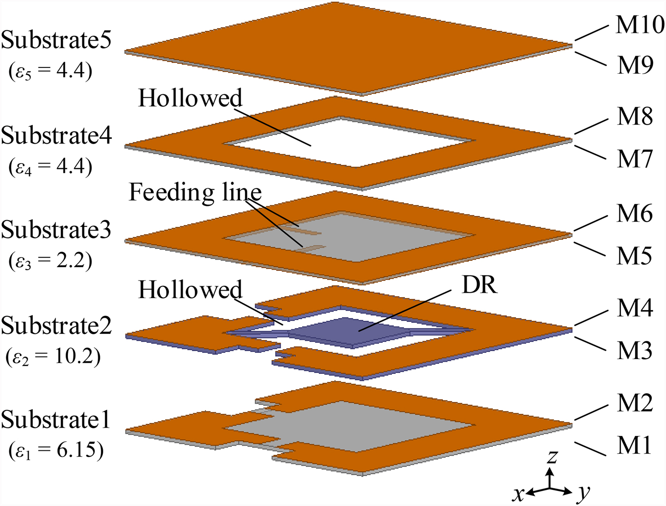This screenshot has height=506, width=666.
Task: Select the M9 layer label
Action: click(635, 65)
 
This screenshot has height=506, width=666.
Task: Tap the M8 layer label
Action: click(635, 116)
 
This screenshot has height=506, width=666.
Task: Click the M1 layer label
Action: click(635, 445)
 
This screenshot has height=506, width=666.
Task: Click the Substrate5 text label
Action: click(56, 40)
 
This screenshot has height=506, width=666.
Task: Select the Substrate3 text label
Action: click(56, 230)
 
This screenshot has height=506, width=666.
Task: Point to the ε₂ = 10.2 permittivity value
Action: click(53, 357)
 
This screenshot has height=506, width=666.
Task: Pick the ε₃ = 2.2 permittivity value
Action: click(50, 262)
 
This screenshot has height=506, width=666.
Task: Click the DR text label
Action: click(479, 285)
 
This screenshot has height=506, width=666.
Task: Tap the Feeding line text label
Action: click(195, 193)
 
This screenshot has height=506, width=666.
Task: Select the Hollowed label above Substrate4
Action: click(190, 98)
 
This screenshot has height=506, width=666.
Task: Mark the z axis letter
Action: click(552, 457)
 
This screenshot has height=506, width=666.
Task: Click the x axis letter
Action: click(519, 495)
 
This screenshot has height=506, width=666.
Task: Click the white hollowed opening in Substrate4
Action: click(350, 143)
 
